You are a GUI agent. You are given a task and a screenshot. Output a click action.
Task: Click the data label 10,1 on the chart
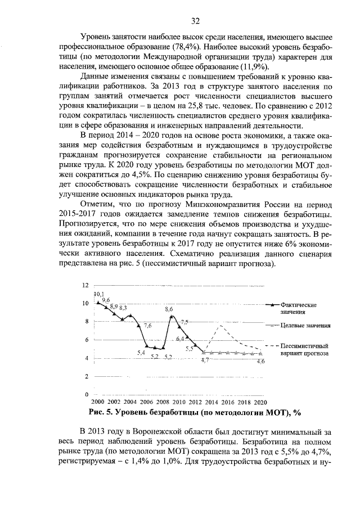(99, 294)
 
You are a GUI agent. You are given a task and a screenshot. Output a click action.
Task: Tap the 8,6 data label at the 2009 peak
(169, 309)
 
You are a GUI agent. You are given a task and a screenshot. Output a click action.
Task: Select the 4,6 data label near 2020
(260, 361)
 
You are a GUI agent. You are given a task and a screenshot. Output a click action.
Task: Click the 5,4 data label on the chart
(141, 353)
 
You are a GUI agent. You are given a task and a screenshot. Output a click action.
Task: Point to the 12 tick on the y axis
(85, 285)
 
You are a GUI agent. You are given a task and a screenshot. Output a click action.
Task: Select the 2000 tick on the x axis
(97, 403)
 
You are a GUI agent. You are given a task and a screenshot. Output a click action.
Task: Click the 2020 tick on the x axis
(260, 403)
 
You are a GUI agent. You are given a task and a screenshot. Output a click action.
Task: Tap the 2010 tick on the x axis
(179, 403)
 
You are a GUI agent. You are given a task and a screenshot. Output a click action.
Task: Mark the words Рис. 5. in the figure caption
(103, 412)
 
